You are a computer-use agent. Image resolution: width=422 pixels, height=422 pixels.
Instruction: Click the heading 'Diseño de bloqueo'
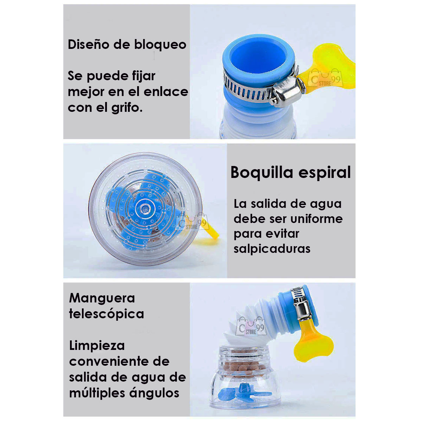127,45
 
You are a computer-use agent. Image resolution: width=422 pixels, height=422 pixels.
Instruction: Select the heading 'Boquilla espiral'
290,173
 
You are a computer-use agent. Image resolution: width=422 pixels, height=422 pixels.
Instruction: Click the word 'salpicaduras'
272,249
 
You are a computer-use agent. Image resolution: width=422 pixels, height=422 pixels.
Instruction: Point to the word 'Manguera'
102,298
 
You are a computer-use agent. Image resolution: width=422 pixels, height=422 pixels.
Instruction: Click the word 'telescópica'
106,314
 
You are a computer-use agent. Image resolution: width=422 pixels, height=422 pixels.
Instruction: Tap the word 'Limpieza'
97,345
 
